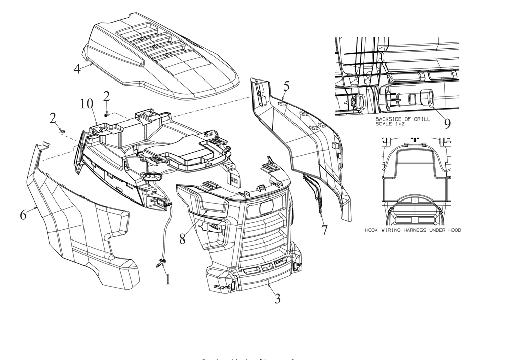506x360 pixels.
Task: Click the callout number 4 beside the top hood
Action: tap(77, 69)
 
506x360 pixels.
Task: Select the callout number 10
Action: tap(87, 104)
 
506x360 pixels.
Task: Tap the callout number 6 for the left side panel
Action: tap(23, 215)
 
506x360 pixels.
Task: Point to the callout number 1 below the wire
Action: tap(168, 278)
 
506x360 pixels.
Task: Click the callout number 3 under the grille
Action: tap(277, 298)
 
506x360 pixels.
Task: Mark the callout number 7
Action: tap(324, 230)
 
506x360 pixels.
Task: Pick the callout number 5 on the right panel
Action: tap(286, 86)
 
